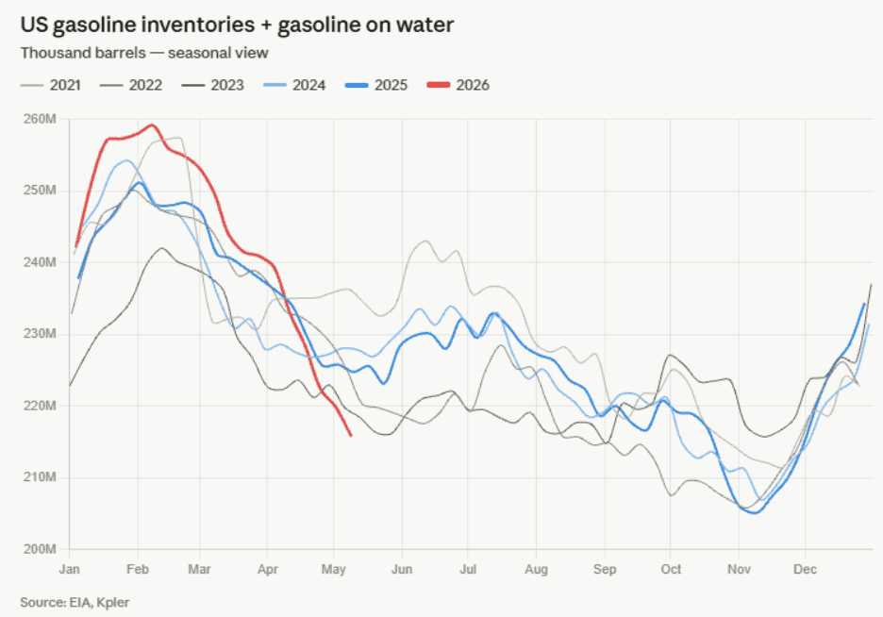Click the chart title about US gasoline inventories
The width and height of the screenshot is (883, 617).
click(237, 25)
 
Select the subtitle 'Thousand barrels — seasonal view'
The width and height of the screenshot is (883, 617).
click(144, 53)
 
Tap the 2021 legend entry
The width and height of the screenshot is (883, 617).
click(51, 85)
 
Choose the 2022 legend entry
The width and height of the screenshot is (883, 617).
click(130, 85)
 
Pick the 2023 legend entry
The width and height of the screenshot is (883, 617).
click(212, 85)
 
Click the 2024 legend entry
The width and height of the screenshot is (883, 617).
click(294, 85)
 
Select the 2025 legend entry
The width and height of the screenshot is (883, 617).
click(376, 85)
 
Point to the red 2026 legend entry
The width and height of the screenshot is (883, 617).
click(458, 85)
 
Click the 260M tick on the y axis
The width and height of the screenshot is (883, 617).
click(40, 120)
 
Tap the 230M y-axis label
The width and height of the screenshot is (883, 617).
click(40, 334)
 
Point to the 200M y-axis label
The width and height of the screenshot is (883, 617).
click(40, 549)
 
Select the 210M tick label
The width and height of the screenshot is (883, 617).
click(40, 477)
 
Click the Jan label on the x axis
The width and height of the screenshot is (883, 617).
click(69, 569)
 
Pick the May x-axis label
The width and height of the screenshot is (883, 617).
click(333, 569)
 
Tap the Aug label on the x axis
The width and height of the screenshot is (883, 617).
click(536, 569)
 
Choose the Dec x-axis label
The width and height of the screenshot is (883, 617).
click(806, 569)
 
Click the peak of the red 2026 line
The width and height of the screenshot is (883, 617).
click(152, 125)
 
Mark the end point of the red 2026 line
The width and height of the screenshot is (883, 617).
click(351, 435)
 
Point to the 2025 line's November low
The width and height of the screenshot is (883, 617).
click(755, 512)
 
